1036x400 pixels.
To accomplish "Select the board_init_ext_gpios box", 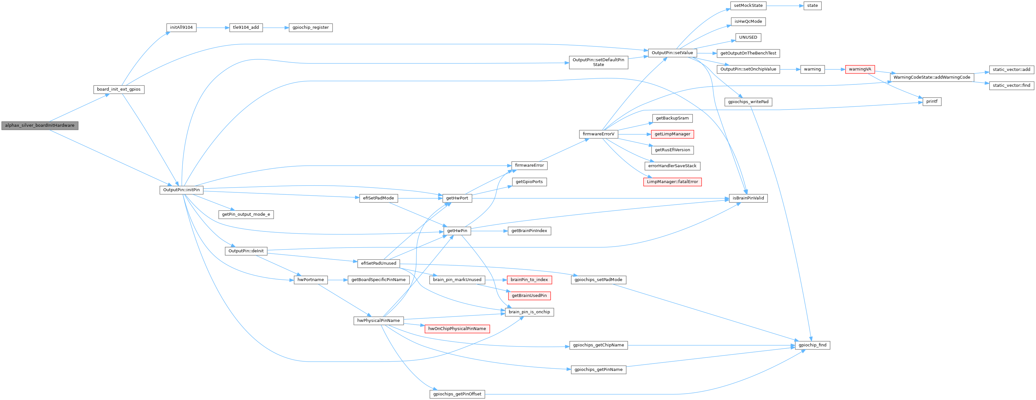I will coord(119,89).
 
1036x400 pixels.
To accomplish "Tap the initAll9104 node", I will coord(181,28).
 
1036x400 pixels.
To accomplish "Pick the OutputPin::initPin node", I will coord(181,190).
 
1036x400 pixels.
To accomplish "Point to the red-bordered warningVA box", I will coord(860,69).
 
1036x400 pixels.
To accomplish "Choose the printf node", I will coord(932,102).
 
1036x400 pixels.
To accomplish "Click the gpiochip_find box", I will coord(812,345).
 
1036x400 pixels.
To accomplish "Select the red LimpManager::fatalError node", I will coord(673,182).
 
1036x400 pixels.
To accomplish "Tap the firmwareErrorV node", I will coord(598,134).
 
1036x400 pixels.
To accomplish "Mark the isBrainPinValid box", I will coord(748,198).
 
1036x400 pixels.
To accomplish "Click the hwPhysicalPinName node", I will coord(378,321).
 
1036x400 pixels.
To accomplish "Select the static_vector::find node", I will coord(1011,85).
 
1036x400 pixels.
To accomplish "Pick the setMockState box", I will coord(748,5).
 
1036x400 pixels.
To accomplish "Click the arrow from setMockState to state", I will coord(784,5).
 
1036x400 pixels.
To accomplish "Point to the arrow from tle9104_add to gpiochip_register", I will coord(276,28).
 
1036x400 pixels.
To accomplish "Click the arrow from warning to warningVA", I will coord(835,69).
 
